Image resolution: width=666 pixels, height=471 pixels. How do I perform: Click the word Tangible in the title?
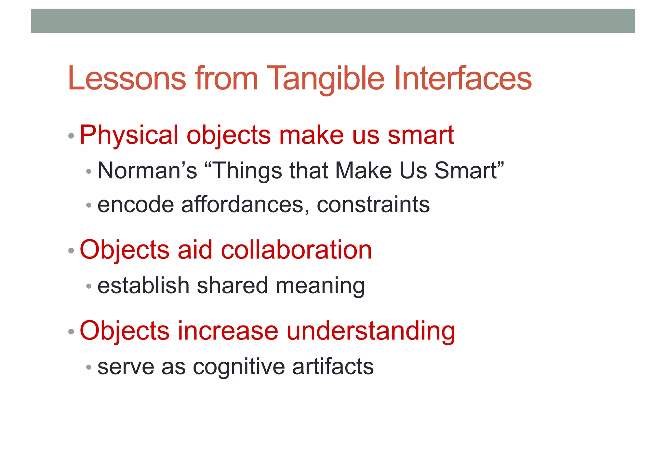point(327,79)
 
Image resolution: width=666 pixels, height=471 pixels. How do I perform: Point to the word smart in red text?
point(420,135)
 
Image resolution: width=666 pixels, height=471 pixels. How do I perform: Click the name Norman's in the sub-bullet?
point(147,171)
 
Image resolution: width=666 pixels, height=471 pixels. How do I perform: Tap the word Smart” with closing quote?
point(469,171)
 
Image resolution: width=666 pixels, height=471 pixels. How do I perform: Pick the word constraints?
point(373,205)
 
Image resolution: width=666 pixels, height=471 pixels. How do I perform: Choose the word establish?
point(143,285)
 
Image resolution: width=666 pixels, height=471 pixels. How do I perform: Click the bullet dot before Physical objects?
point(71,136)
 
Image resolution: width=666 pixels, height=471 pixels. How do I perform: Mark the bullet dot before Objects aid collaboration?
point(71,251)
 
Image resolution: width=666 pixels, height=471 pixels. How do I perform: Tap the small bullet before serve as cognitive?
point(89,368)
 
